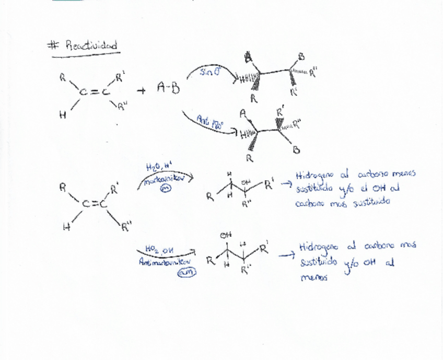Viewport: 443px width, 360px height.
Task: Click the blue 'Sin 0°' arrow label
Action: point(208,73)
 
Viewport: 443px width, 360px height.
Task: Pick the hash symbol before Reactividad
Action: point(52,46)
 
